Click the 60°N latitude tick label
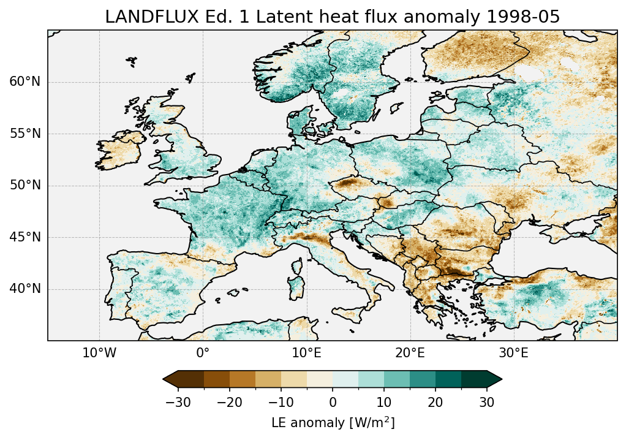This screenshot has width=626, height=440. click(25, 82)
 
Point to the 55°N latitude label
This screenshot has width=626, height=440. click(25, 134)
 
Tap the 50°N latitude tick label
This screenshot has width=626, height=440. click(25, 186)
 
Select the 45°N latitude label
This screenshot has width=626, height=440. click(25, 237)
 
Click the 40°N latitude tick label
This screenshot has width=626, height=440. click(25, 289)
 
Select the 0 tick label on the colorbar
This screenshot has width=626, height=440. click(333, 402)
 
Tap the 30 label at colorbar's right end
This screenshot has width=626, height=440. click(487, 402)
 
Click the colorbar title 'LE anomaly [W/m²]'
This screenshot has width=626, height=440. click(333, 423)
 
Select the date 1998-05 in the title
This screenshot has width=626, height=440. click(527, 17)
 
